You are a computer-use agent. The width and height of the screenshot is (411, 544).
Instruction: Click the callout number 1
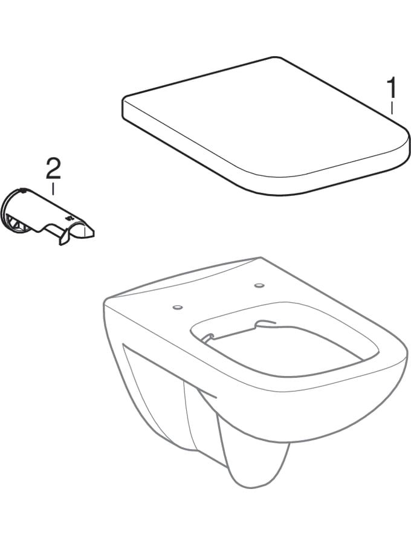(x=392, y=88)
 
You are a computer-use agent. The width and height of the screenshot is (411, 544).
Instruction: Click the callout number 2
(x=53, y=169)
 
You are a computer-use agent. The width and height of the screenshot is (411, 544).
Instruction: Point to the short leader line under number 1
(x=392, y=108)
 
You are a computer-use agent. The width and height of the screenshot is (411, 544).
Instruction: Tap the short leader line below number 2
(x=53, y=189)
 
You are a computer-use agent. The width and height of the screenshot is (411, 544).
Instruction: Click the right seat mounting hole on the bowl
(x=259, y=285)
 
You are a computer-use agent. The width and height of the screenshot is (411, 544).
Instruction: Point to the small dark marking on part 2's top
(x=68, y=218)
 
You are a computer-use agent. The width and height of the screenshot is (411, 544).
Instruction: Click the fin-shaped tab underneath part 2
(x=63, y=239)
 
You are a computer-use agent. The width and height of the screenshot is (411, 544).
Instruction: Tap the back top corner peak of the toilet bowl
(x=261, y=257)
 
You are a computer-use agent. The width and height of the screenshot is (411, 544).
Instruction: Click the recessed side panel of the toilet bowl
(x=156, y=381)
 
